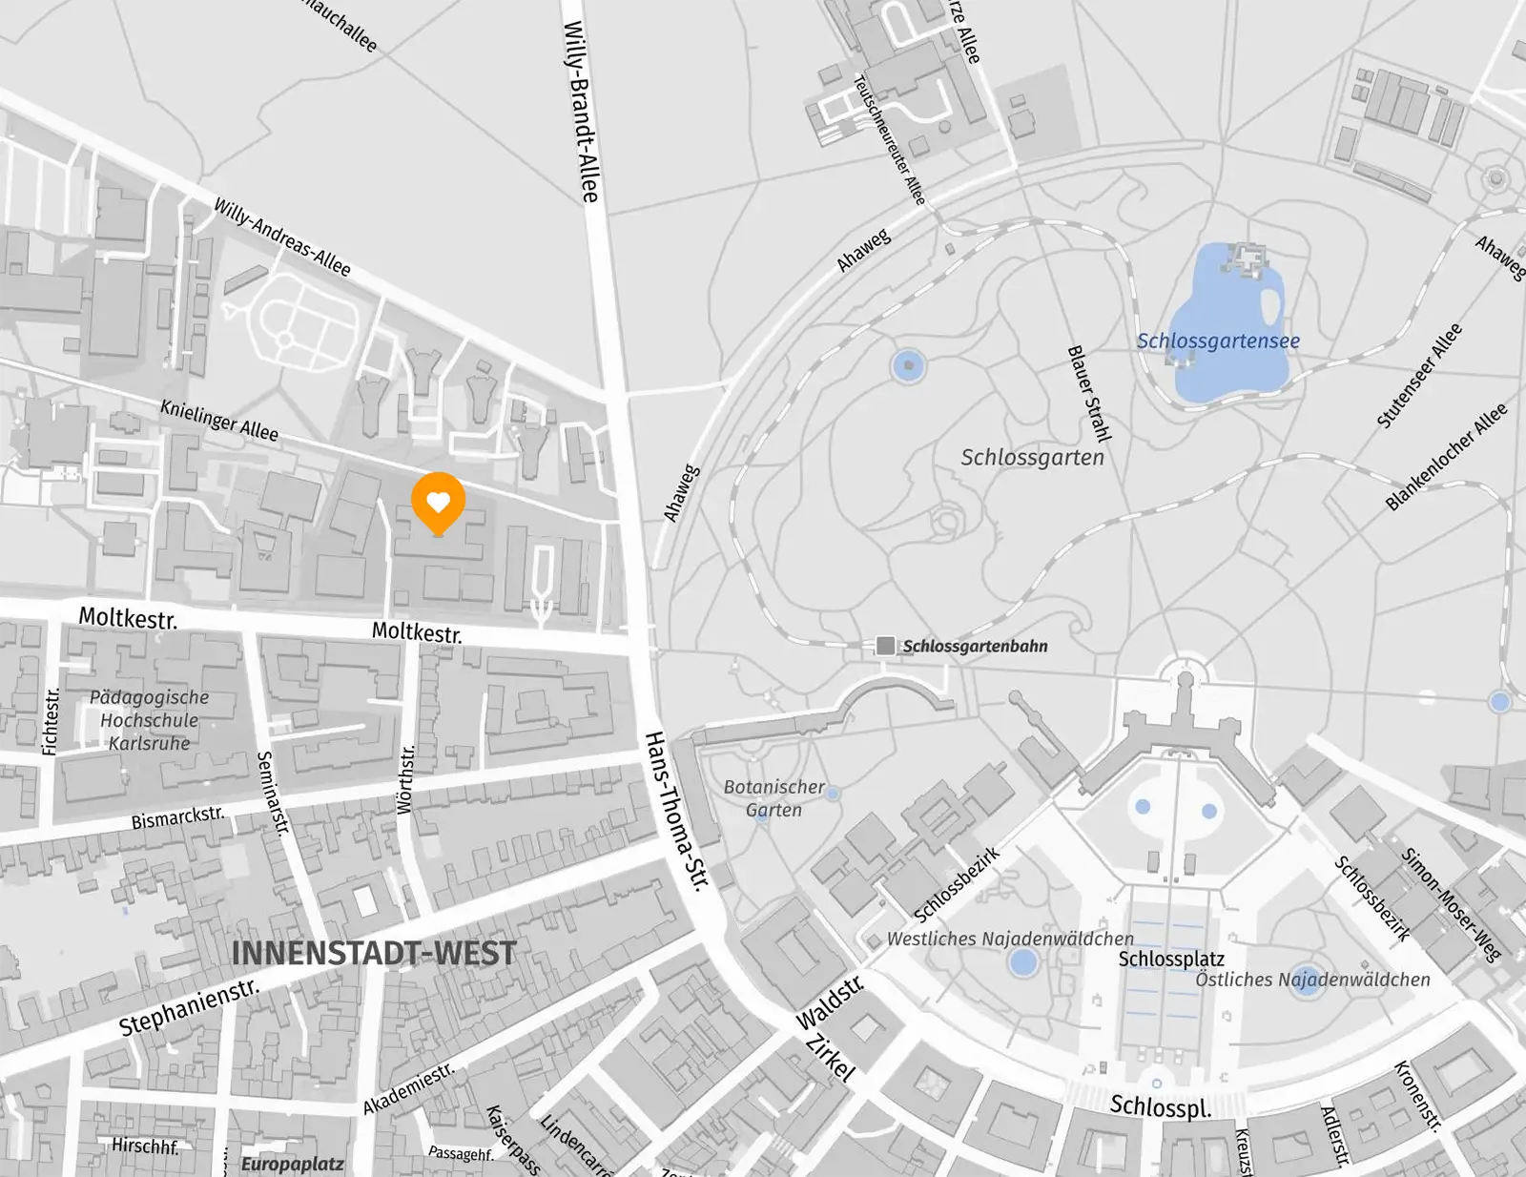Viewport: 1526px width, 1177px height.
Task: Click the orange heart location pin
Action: [438, 502]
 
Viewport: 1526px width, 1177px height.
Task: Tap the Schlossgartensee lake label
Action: [1218, 341]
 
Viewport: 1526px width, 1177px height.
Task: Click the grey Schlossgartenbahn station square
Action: [885, 646]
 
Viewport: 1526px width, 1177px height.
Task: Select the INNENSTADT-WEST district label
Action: [374, 953]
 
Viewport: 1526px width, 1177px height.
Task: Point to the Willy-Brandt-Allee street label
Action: [581, 112]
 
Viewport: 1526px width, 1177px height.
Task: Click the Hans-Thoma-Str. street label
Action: [678, 812]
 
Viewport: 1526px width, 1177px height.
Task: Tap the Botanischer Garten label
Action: [773, 798]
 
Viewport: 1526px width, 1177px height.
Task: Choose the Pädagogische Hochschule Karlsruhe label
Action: [150, 720]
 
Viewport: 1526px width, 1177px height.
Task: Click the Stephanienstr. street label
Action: [189, 1007]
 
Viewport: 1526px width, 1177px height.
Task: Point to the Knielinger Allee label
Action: [219, 421]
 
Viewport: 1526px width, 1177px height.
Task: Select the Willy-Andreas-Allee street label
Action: [282, 237]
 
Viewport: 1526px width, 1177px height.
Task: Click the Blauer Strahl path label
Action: [1089, 394]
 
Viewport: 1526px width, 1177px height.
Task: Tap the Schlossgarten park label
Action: [1032, 457]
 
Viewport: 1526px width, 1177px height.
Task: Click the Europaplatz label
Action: [292, 1164]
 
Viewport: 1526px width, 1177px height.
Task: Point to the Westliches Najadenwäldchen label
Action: [1010, 939]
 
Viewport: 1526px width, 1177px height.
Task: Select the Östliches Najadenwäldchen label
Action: [1312, 979]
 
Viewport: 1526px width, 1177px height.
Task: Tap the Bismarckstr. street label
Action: [178, 818]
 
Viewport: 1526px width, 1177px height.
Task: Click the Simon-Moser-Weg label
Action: [1451, 903]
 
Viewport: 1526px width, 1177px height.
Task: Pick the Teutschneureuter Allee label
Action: [889, 140]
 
